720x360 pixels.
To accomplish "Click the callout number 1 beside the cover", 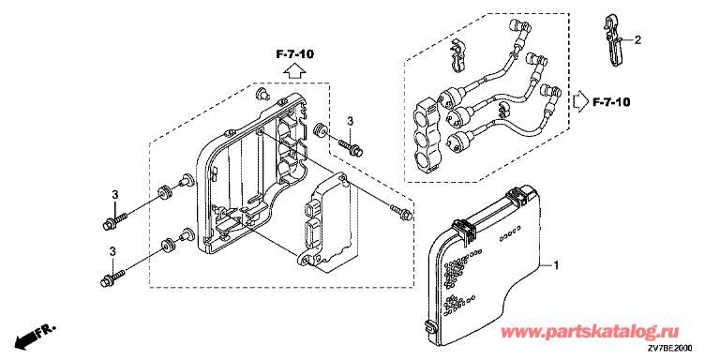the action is [556, 265].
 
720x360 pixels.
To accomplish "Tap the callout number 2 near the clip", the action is [637, 40].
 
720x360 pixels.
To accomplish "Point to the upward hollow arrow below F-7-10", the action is [293, 70].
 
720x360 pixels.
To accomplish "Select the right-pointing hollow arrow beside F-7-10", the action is [580, 102].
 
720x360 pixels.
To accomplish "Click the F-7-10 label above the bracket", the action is [294, 54].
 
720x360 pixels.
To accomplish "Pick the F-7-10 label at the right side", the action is [611, 102].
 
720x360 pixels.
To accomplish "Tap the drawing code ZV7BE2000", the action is [670, 348].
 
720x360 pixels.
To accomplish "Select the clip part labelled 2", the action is [613, 40].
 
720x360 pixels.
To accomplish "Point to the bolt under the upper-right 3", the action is [352, 146].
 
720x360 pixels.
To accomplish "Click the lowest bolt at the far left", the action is [112, 277].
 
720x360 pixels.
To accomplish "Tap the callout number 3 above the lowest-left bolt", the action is [113, 250].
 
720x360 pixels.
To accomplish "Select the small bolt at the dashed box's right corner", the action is [401, 212].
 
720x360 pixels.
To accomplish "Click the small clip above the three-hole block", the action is [457, 56].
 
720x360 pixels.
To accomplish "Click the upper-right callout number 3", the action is [350, 121].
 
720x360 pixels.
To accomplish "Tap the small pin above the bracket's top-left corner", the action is [262, 93].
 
